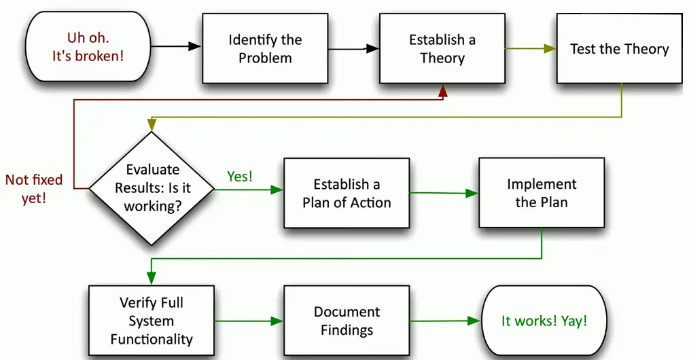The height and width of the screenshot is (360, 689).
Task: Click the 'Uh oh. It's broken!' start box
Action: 88,47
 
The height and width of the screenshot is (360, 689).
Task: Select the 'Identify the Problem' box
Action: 265,49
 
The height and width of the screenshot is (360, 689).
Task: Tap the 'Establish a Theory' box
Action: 442,49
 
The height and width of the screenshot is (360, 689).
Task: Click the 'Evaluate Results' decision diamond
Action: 152,188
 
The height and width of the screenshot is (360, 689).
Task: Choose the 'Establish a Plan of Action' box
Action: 347,193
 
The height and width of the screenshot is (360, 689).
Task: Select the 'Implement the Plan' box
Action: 542,193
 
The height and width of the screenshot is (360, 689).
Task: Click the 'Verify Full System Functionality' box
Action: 152,321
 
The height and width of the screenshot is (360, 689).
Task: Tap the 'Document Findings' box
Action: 347,321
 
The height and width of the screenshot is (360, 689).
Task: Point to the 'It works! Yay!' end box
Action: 544,321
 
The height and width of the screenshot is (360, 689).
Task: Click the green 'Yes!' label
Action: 239,177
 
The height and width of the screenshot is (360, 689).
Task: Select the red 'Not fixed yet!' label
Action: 34,189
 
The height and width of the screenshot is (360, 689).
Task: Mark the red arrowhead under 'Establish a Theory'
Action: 443,90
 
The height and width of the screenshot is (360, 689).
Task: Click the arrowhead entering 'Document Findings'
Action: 277,321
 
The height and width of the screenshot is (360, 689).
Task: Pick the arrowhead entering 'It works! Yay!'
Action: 474,320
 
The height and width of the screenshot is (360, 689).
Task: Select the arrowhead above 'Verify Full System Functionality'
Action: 152,278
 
